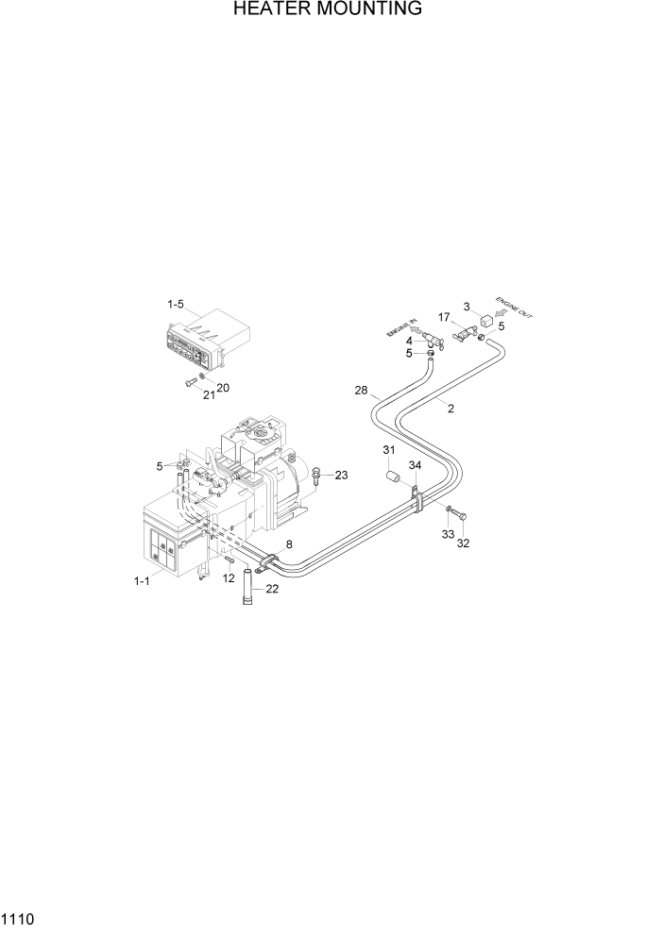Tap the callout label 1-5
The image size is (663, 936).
point(177,305)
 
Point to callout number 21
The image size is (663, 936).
point(209,394)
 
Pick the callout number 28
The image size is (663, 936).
point(361,390)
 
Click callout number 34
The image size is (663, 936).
point(415,465)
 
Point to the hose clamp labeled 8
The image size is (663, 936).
point(267,561)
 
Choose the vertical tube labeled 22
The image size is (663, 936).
point(250,586)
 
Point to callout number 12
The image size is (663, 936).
point(228,577)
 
